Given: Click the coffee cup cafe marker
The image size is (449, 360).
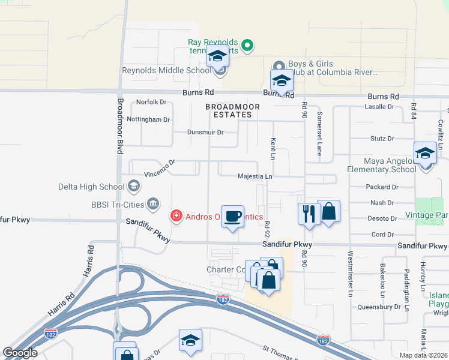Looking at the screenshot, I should click(232, 217).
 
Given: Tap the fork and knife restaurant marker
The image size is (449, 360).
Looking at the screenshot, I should click(309, 214).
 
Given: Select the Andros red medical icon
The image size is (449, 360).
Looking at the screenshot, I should click(176, 215).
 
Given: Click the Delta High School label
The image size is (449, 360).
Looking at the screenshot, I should click(92, 187).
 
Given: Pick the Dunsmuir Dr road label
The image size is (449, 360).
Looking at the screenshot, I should click(205, 132).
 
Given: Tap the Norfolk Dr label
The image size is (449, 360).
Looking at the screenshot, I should click(151, 102).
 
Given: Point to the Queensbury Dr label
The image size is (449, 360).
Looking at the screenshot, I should click(379, 306).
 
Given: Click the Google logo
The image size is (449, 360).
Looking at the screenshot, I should click(20, 353).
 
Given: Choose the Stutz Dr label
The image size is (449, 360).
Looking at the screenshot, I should click(382, 138).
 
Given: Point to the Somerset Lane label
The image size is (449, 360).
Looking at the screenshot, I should click(320, 133).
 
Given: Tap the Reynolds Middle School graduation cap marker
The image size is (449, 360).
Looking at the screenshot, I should click(217, 58).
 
